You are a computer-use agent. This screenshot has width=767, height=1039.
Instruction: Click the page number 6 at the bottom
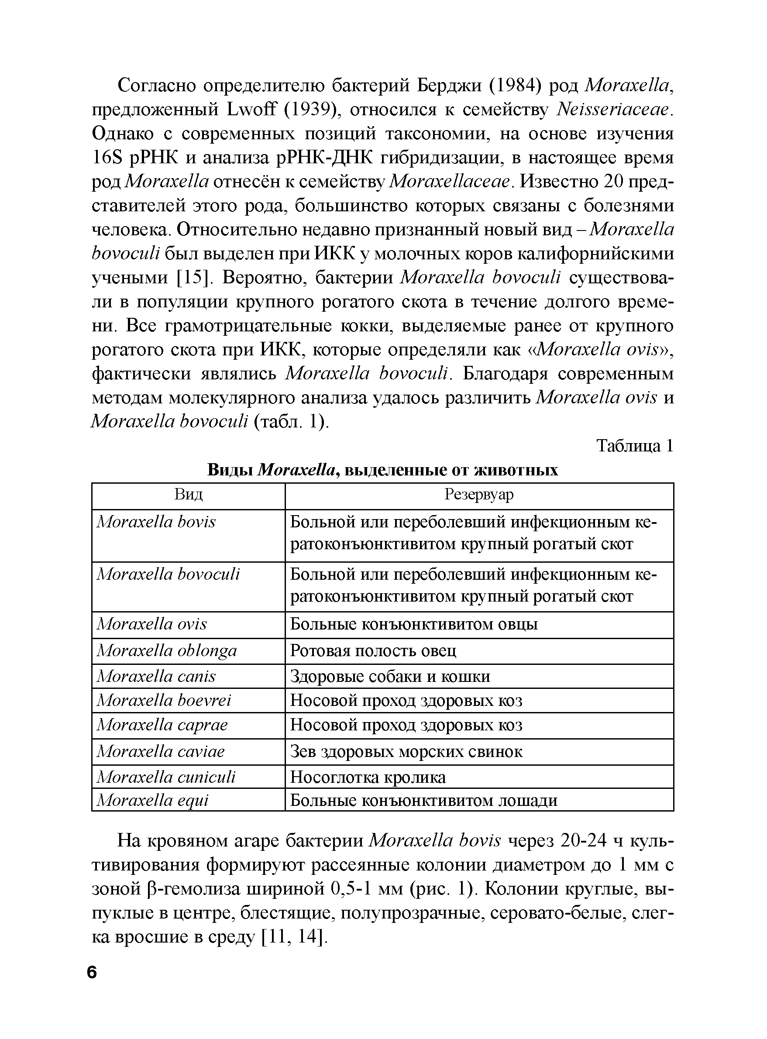(x=92, y=972)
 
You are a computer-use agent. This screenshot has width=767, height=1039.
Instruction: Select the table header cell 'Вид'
(x=189, y=495)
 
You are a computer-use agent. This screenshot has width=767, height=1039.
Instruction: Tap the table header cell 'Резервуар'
(x=479, y=495)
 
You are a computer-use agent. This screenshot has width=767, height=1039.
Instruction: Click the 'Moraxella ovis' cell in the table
(x=152, y=624)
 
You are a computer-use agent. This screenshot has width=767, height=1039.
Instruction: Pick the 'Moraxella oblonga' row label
(x=167, y=650)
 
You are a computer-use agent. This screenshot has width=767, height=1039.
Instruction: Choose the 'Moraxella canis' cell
(x=156, y=676)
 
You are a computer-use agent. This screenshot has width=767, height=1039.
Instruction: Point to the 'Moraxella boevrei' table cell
(x=163, y=700)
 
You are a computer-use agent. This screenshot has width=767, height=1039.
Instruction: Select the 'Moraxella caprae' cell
(x=162, y=725)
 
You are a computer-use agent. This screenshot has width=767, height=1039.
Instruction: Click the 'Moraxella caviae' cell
(x=160, y=751)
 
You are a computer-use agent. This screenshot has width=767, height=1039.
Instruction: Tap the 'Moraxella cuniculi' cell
(x=166, y=777)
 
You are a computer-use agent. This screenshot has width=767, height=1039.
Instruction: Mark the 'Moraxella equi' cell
(x=152, y=800)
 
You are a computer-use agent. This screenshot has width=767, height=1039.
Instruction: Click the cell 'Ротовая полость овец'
(x=373, y=651)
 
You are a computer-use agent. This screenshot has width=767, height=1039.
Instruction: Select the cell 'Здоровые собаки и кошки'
(x=390, y=676)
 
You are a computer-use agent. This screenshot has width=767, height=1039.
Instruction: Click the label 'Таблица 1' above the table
(x=634, y=446)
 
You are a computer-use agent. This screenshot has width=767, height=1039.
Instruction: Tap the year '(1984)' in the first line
(x=516, y=86)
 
